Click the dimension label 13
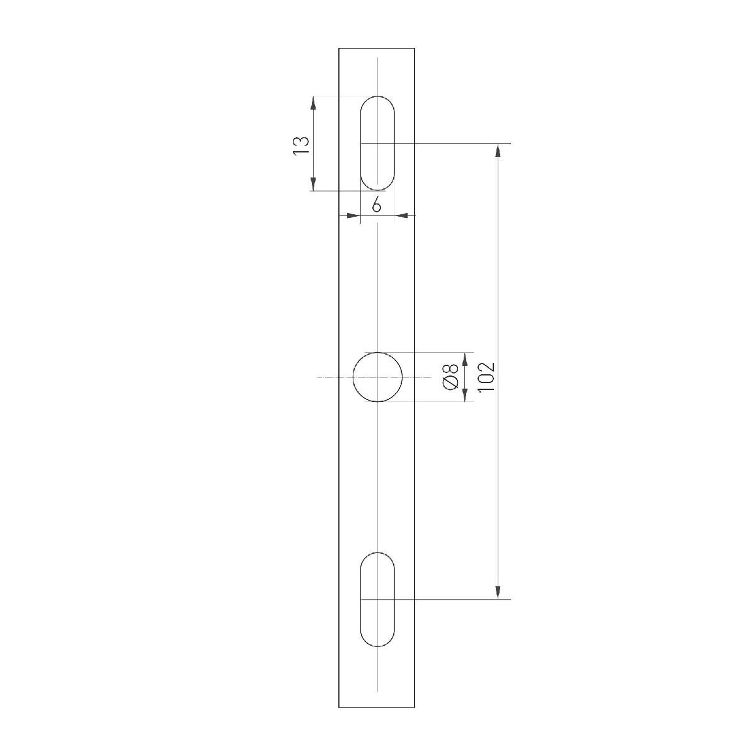(301, 144)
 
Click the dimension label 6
(376, 205)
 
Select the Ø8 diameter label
(450, 377)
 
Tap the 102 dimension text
(486, 377)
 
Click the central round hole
(377, 377)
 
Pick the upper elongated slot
(377, 143)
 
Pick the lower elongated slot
(377, 599)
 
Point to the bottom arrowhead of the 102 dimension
(498, 593)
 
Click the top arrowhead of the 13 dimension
(312, 102)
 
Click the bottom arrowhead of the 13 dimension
(312, 185)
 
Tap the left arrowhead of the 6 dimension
(353, 216)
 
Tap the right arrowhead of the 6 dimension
(401, 216)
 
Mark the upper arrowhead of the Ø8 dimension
(465, 358)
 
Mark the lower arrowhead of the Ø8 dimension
(465, 395)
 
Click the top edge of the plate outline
(377, 48)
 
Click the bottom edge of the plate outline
(377, 707)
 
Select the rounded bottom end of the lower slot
(377, 645)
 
